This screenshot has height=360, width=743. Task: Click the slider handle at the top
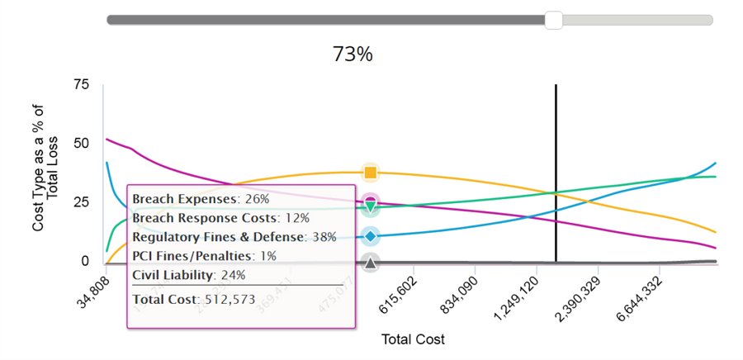(x=554, y=20)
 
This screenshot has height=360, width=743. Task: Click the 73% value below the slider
(x=353, y=54)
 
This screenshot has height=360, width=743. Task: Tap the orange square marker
(x=371, y=173)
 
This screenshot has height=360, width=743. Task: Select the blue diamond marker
(x=371, y=237)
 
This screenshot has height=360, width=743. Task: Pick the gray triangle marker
(x=371, y=263)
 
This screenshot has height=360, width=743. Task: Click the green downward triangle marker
(x=371, y=206)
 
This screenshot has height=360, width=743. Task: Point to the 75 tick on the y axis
(x=80, y=84)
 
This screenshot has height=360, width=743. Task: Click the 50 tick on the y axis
(x=80, y=144)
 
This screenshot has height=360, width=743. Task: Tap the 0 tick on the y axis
(x=84, y=261)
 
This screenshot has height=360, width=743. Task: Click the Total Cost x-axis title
(x=413, y=339)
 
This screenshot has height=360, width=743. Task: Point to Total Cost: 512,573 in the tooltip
(x=194, y=299)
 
